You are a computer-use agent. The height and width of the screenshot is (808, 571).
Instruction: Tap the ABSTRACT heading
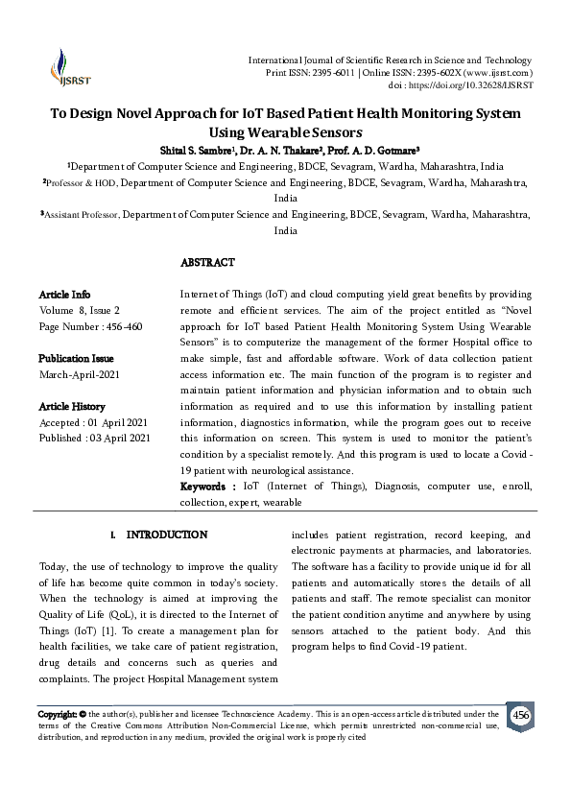[207, 262]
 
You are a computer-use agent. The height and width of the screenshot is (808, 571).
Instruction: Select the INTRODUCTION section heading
[167, 534]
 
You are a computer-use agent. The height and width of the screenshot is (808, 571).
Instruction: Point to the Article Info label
[64, 294]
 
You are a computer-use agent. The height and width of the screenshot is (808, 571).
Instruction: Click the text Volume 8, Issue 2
[79, 310]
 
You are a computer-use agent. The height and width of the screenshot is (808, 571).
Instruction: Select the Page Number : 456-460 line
[90, 326]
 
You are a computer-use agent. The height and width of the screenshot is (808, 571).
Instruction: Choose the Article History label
[72, 406]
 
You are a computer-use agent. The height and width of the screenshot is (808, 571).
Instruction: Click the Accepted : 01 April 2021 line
[93, 422]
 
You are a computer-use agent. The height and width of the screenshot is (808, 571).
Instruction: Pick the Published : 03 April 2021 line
[94, 439]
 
